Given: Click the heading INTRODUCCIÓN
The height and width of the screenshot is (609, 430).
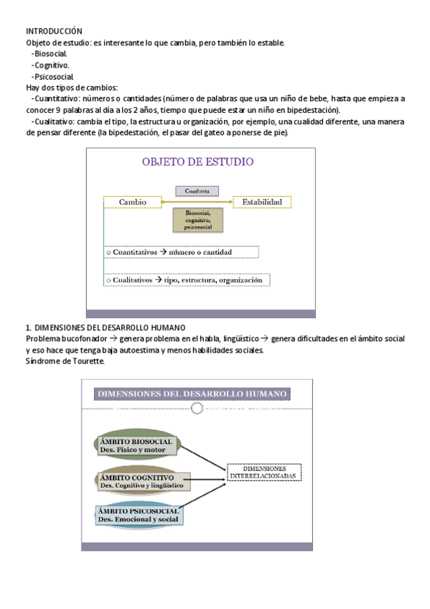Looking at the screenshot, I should (x=55, y=32).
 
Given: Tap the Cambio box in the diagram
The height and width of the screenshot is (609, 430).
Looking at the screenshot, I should (x=132, y=203).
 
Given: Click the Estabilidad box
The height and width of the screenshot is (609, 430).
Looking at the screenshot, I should (x=266, y=203).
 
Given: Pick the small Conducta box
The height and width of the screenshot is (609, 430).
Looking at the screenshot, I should (x=197, y=191).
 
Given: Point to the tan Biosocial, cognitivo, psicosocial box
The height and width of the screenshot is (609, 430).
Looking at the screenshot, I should (x=197, y=220).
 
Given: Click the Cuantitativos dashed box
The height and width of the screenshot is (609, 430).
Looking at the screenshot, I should (x=181, y=252).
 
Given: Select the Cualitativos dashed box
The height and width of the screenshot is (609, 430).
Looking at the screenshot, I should (x=187, y=279).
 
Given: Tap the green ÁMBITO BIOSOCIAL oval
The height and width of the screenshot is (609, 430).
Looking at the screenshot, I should (x=136, y=445).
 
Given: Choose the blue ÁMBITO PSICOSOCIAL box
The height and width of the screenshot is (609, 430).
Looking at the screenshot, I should (x=139, y=514).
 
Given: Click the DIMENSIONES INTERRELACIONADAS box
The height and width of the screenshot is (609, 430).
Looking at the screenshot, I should (x=265, y=472).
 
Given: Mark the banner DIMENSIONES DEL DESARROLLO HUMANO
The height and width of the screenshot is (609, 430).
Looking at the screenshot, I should (x=192, y=394).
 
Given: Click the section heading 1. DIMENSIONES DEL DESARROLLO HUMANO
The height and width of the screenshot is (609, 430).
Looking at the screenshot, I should (x=106, y=327).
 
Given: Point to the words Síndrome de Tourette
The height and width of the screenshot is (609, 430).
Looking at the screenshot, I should (x=65, y=361).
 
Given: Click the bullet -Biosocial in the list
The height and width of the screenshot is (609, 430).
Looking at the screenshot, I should (x=50, y=54).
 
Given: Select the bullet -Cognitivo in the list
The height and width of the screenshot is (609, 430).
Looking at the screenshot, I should (x=50, y=65).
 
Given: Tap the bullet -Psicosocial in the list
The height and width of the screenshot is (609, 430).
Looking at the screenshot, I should (x=52, y=76).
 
